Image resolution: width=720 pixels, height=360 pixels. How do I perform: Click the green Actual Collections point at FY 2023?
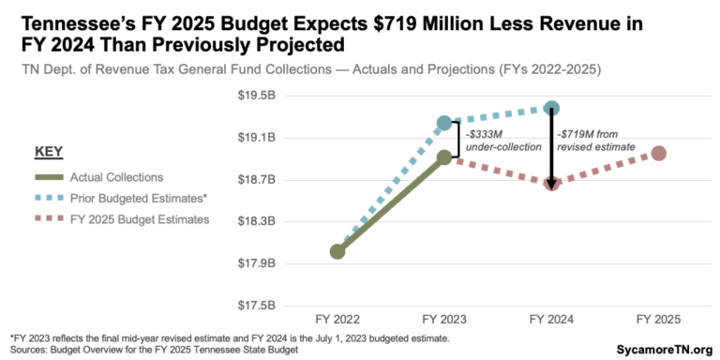tap(444, 157)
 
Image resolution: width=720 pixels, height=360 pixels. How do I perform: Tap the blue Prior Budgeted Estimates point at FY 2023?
tap(444, 123)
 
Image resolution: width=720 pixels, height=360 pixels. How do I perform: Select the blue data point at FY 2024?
tap(551, 109)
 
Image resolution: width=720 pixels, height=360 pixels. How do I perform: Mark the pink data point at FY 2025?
tap(659, 153)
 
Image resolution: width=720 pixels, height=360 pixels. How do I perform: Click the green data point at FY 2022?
tap(337, 251)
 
